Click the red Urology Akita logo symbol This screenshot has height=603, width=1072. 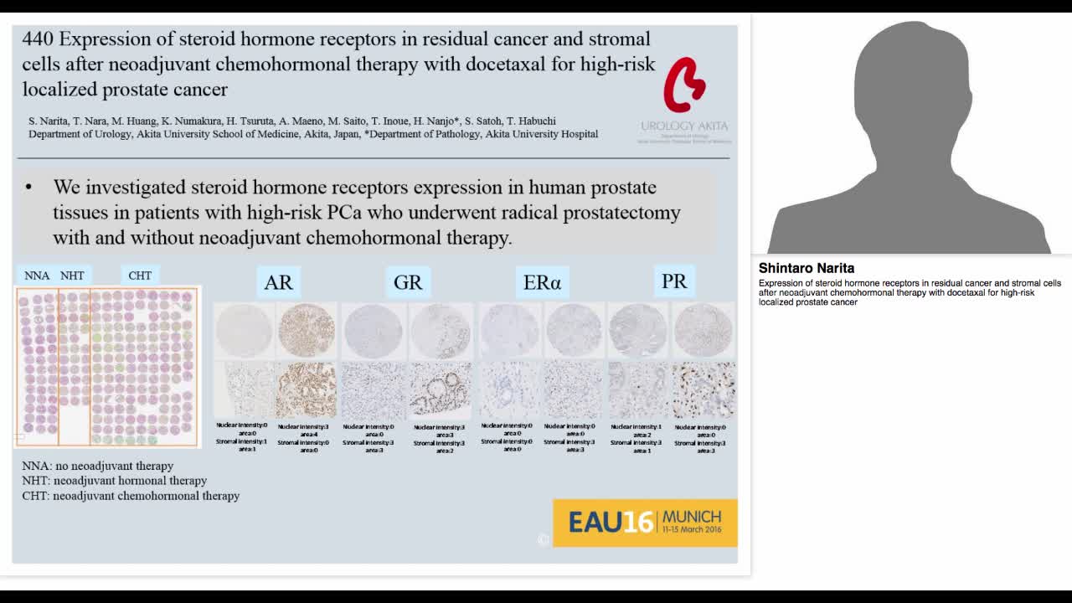tap(684, 85)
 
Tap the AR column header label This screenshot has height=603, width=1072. tap(278, 282)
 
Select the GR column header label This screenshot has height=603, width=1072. tap(408, 282)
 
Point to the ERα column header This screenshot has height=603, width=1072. tap(542, 282)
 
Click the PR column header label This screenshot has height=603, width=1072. tap(674, 281)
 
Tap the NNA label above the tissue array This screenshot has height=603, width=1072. tap(37, 276)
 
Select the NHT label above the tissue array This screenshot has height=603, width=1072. tap(72, 276)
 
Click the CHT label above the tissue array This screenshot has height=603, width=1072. tap(140, 276)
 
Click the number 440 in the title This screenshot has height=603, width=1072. tap(38, 39)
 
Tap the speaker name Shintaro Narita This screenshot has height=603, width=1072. tap(807, 268)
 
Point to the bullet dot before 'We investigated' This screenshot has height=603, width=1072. tap(29, 188)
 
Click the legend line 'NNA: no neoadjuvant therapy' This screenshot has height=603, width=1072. tap(98, 466)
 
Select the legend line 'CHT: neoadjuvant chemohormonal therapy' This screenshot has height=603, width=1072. tap(131, 496)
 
